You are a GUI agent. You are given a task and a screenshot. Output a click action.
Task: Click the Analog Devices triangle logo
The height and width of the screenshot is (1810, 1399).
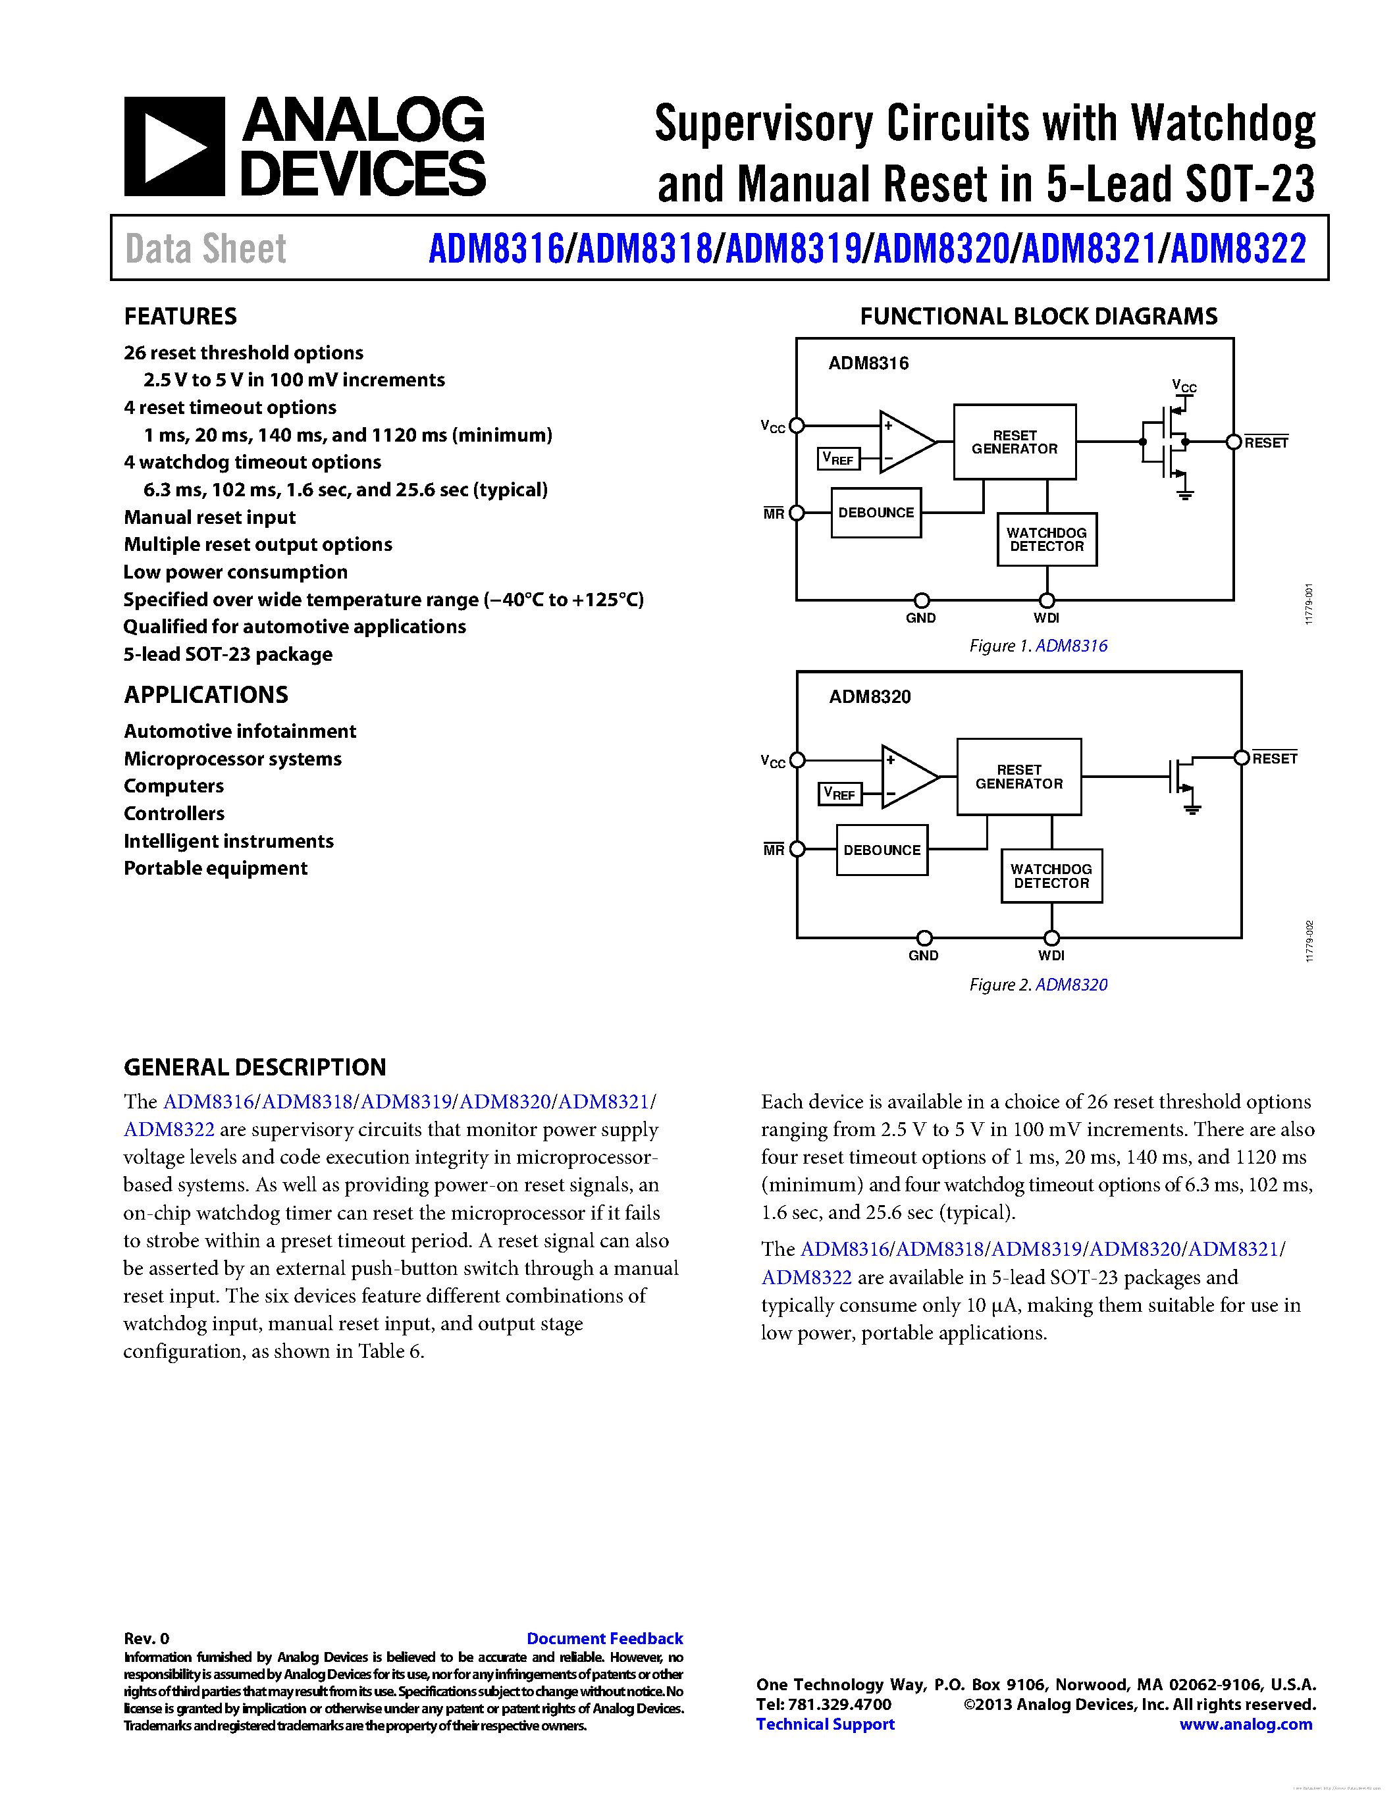pyautogui.click(x=174, y=147)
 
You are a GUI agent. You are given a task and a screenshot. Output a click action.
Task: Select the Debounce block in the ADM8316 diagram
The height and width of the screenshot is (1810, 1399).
pyautogui.click(x=876, y=513)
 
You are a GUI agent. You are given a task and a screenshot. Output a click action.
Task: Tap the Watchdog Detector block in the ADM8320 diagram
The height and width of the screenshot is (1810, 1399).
pyautogui.click(x=1051, y=876)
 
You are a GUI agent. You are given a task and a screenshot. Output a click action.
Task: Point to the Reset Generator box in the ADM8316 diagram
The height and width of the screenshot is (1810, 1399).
pyautogui.click(x=1015, y=442)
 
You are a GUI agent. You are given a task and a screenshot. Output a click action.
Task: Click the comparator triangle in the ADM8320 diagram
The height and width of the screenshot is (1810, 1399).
pyautogui.click(x=907, y=777)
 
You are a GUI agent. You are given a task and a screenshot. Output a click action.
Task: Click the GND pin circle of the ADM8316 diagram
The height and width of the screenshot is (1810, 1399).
pyautogui.click(x=921, y=600)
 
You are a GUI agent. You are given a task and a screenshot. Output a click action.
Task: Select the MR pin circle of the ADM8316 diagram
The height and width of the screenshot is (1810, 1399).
pyautogui.click(x=797, y=513)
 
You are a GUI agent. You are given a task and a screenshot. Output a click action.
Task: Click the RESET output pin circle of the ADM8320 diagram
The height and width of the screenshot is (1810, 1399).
pyautogui.click(x=1241, y=758)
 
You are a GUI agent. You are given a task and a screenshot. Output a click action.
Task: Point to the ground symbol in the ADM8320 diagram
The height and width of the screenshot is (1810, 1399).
pyautogui.click(x=1192, y=808)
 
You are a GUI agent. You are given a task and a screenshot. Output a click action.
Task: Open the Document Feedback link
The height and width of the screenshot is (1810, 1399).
pyautogui.click(x=604, y=1638)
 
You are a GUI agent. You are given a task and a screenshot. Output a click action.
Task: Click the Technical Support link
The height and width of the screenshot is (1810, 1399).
pyautogui.click(x=825, y=1724)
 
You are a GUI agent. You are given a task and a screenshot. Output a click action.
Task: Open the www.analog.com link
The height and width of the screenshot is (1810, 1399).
pyautogui.click(x=1245, y=1724)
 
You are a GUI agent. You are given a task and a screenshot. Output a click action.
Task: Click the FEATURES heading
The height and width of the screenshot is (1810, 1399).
pyautogui.click(x=180, y=316)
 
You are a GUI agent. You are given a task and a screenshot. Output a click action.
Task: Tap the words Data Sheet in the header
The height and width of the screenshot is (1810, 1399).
pyautogui.click(x=205, y=249)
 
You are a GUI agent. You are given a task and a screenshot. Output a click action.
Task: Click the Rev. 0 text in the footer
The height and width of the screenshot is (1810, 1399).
pyautogui.click(x=146, y=1638)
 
